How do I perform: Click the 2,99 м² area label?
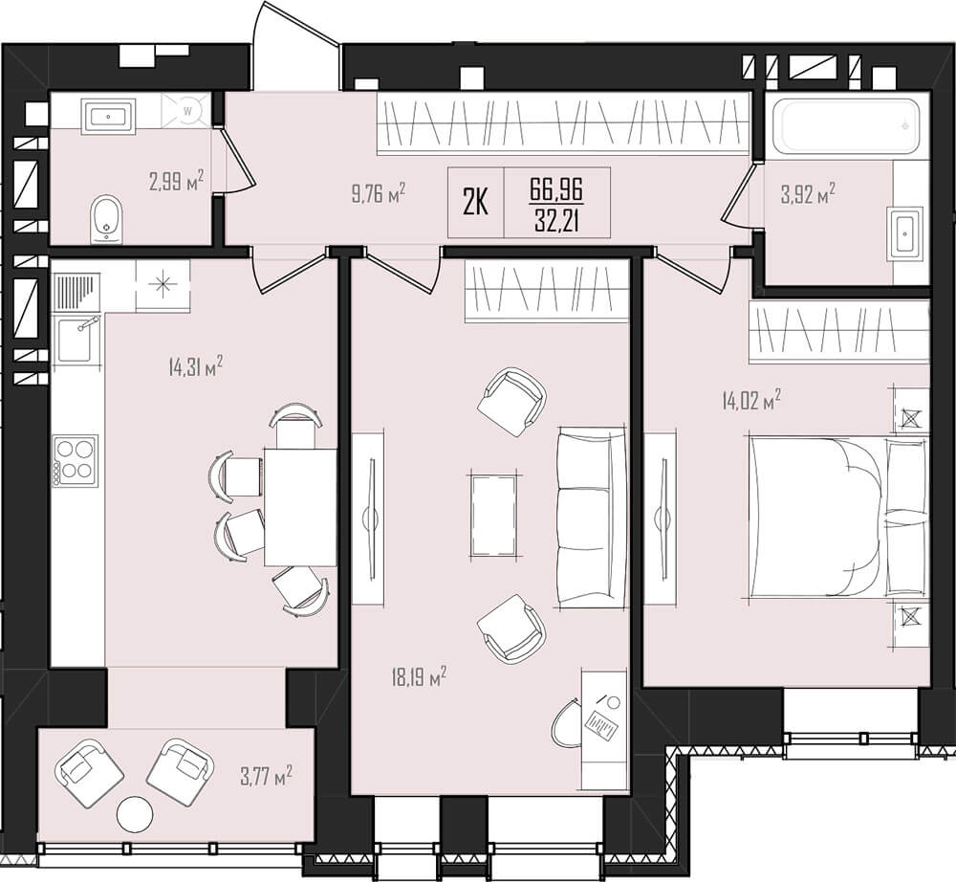[176, 181]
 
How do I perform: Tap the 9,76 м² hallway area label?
[379, 194]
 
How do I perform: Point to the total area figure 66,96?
[556, 190]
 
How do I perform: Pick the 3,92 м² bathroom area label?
[808, 194]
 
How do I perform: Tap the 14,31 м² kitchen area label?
[195, 367]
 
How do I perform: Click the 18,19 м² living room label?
[420, 677]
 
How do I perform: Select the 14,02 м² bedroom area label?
[751, 402]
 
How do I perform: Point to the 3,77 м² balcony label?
[264, 777]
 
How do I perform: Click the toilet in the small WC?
[107, 219]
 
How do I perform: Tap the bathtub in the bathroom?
[844, 127]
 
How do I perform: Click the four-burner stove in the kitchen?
[76, 460]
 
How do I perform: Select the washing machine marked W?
[187, 110]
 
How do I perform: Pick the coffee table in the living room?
[494, 516]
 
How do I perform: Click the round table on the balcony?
[135, 814]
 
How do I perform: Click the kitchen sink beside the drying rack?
[75, 340]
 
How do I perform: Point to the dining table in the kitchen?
[300, 506]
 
